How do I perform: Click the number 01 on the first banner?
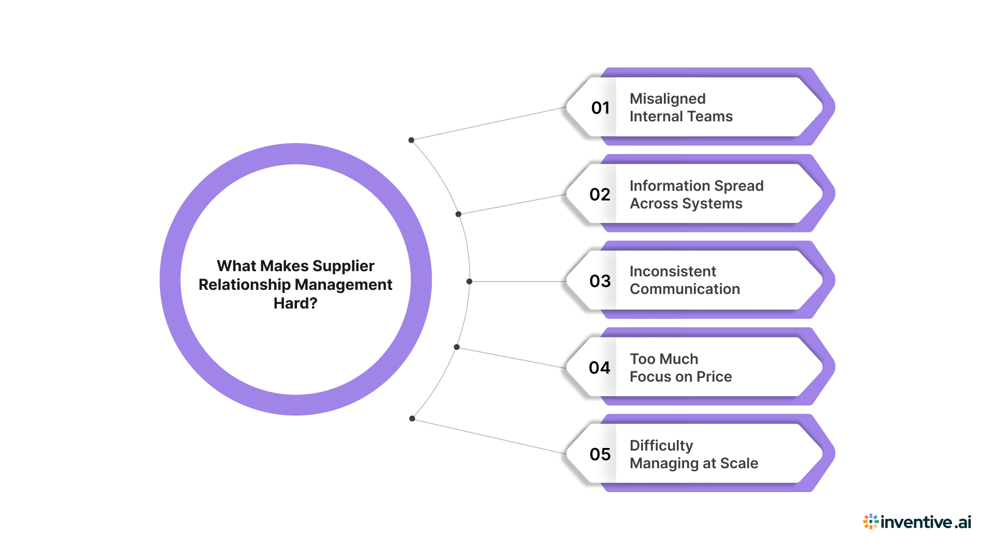point(600,108)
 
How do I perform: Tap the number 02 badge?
point(600,194)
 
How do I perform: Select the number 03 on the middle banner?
point(600,281)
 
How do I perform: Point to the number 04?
point(600,368)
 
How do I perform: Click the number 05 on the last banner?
point(600,454)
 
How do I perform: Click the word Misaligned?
point(667,99)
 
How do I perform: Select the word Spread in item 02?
point(738,186)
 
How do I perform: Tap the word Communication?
point(685,289)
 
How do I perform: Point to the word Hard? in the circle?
point(295,303)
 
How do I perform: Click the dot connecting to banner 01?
point(411,140)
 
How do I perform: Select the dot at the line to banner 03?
point(470,282)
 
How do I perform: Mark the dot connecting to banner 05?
point(412,418)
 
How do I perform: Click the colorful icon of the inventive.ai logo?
point(870,522)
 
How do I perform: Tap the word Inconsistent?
point(673,272)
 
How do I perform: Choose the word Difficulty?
point(661,446)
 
